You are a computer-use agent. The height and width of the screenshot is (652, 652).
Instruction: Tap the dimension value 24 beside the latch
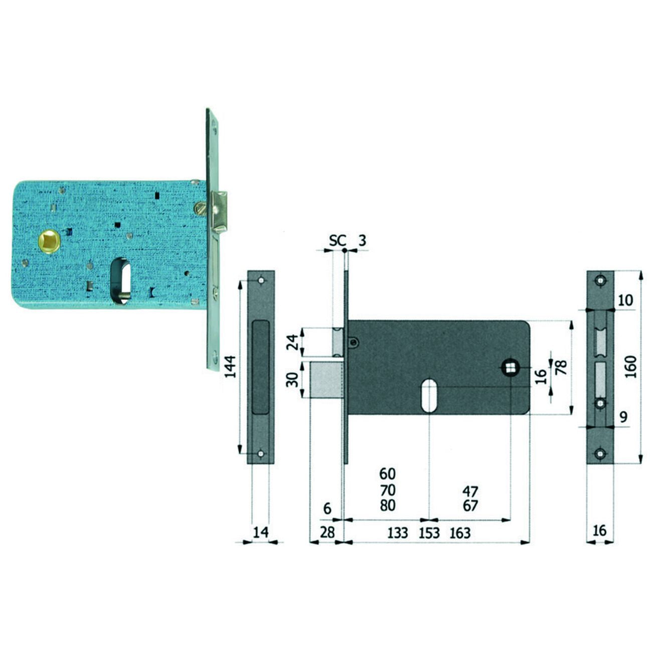292,342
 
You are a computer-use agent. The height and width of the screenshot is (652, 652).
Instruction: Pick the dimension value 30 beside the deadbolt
292,380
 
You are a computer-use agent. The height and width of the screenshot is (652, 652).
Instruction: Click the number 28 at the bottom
327,533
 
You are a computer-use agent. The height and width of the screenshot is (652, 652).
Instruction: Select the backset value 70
388,490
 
